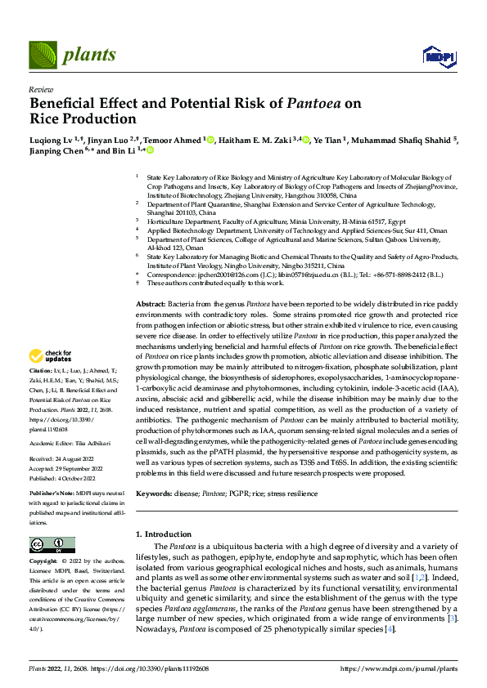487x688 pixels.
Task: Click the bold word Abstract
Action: click(150, 280)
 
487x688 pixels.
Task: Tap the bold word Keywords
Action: click(154, 494)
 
